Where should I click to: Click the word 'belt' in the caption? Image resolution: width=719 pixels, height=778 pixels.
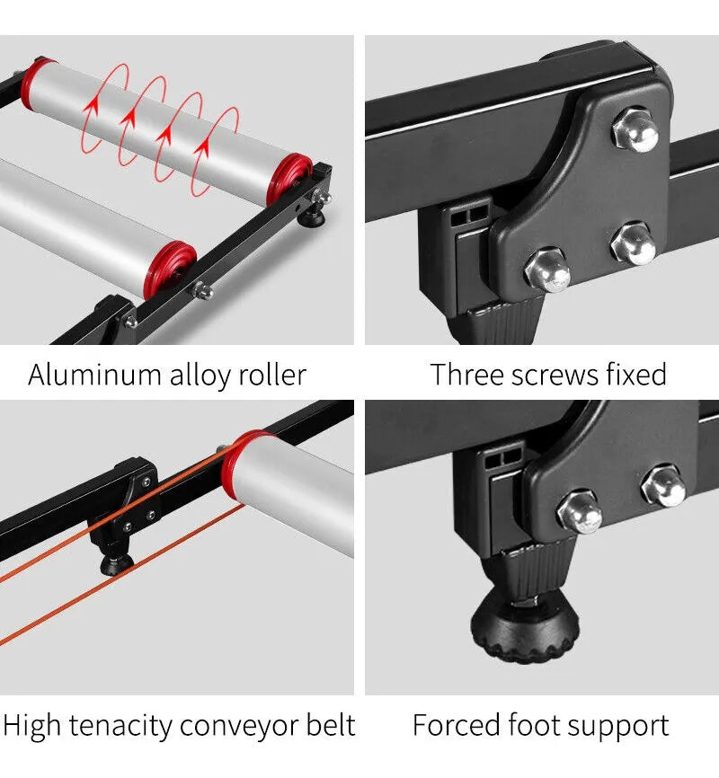point(330,725)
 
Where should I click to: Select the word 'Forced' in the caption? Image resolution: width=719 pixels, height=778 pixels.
point(457,725)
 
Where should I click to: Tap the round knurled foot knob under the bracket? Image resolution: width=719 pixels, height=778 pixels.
point(525,628)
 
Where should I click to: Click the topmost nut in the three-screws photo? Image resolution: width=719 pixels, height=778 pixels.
point(635,130)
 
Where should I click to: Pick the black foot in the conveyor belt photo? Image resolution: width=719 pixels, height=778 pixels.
point(117,563)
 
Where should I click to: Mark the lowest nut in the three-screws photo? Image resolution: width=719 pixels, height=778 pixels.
point(547,270)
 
